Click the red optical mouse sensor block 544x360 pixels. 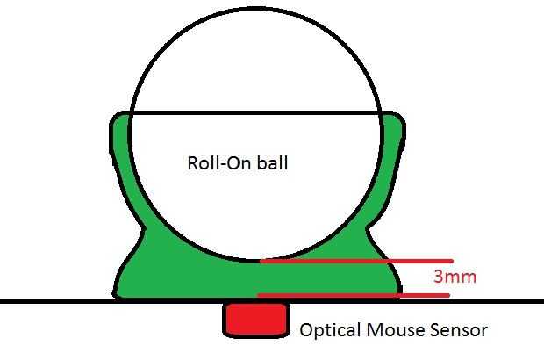coord(257,319)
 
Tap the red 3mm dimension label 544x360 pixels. coord(455,277)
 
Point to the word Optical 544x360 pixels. coord(329,331)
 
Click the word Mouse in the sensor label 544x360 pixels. coord(392,331)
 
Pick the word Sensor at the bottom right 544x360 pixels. coord(458,331)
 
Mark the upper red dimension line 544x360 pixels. coord(355,261)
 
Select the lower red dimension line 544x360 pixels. coord(355,296)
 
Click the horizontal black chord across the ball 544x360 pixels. coord(254,113)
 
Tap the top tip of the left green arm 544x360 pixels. coord(120,117)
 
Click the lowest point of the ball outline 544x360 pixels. coord(255,262)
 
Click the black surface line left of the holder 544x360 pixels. coord(53,301)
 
